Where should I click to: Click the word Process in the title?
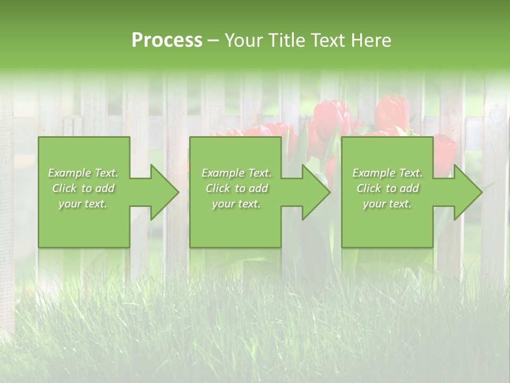click(167, 40)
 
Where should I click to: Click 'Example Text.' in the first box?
click(83, 173)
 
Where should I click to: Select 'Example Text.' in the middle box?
click(236, 173)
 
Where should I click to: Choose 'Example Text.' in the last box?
click(387, 173)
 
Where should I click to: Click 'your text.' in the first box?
click(83, 204)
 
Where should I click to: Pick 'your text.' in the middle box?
click(236, 204)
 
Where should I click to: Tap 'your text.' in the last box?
click(387, 204)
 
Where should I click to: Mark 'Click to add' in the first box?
click(83, 188)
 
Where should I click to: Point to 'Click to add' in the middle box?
click(236, 188)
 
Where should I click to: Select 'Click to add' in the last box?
click(387, 188)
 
